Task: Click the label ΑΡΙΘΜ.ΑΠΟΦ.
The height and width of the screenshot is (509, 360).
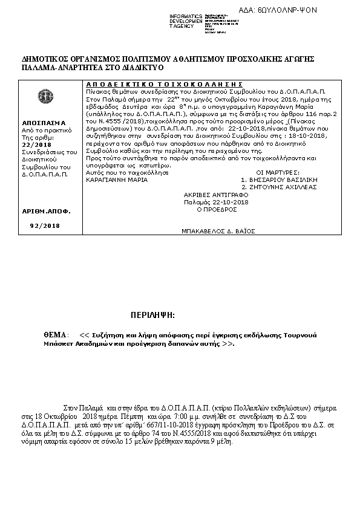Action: pos(46,212)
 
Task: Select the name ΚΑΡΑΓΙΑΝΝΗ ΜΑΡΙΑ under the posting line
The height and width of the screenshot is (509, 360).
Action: pos(112,180)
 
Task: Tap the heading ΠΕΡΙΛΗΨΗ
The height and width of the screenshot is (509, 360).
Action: pos(152,315)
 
